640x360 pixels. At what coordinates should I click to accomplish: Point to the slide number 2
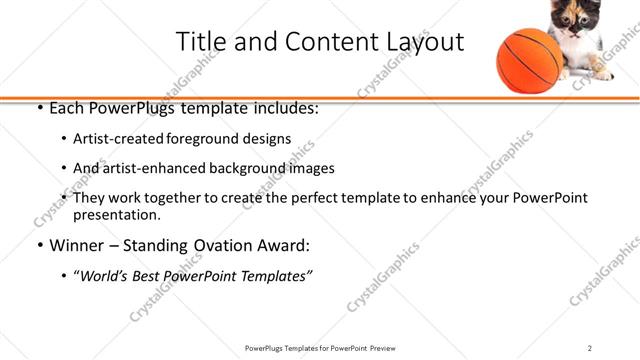pyautogui.click(x=589, y=348)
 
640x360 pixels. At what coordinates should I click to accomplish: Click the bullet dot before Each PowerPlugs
pyautogui.click(x=39, y=108)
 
